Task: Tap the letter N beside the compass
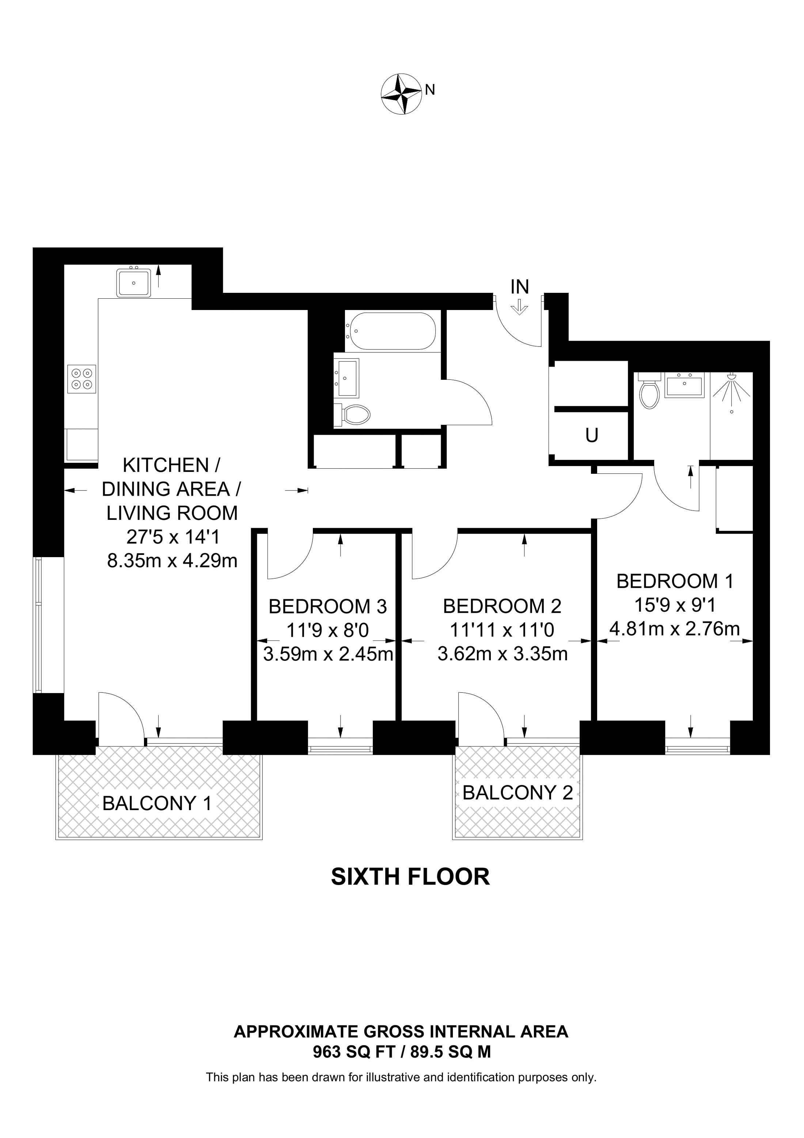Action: point(430,90)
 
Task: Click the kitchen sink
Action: point(134,283)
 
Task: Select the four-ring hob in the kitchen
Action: point(82,379)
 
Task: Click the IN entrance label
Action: point(520,287)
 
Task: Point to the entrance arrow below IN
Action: point(520,307)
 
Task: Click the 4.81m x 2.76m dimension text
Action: point(674,629)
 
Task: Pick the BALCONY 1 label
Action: point(157,803)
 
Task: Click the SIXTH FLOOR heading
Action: point(410,876)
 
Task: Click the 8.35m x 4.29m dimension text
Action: point(172,560)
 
